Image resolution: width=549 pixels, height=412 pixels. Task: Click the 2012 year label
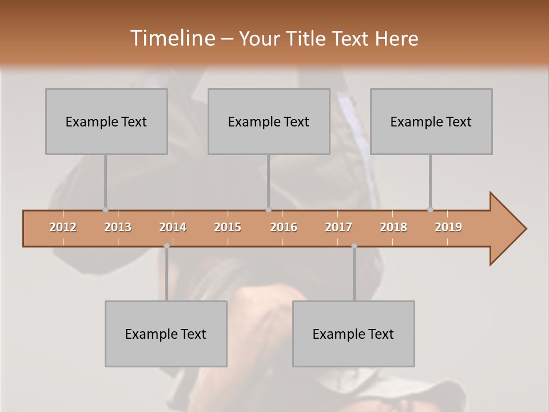[x=63, y=227]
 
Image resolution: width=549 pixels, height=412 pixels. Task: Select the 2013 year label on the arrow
[x=118, y=227]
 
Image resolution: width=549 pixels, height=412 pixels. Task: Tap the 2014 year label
[x=173, y=227]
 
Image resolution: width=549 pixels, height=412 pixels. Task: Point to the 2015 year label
[x=228, y=227]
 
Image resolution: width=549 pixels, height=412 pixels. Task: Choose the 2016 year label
[x=284, y=227]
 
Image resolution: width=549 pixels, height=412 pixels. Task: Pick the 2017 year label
[x=339, y=227]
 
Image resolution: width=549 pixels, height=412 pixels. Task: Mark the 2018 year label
[x=393, y=227]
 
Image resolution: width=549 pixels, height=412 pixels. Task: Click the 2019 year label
[x=448, y=227]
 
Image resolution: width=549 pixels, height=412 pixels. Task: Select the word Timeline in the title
[x=172, y=38]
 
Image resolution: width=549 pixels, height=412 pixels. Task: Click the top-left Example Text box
[x=106, y=121]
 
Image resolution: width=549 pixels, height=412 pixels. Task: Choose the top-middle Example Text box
[x=269, y=121]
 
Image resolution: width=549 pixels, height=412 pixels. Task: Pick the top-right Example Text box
[x=431, y=121]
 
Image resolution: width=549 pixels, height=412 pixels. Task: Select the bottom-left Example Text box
[x=166, y=334]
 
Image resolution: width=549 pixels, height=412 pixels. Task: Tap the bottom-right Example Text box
[x=353, y=334]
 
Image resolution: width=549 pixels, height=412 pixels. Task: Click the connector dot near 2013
[x=105, y=210]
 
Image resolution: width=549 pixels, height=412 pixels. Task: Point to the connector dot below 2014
[x=166, y=246]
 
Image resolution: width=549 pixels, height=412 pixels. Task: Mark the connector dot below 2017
[x=354, y=246]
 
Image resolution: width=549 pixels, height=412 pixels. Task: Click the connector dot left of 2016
[x=268, y=210]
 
